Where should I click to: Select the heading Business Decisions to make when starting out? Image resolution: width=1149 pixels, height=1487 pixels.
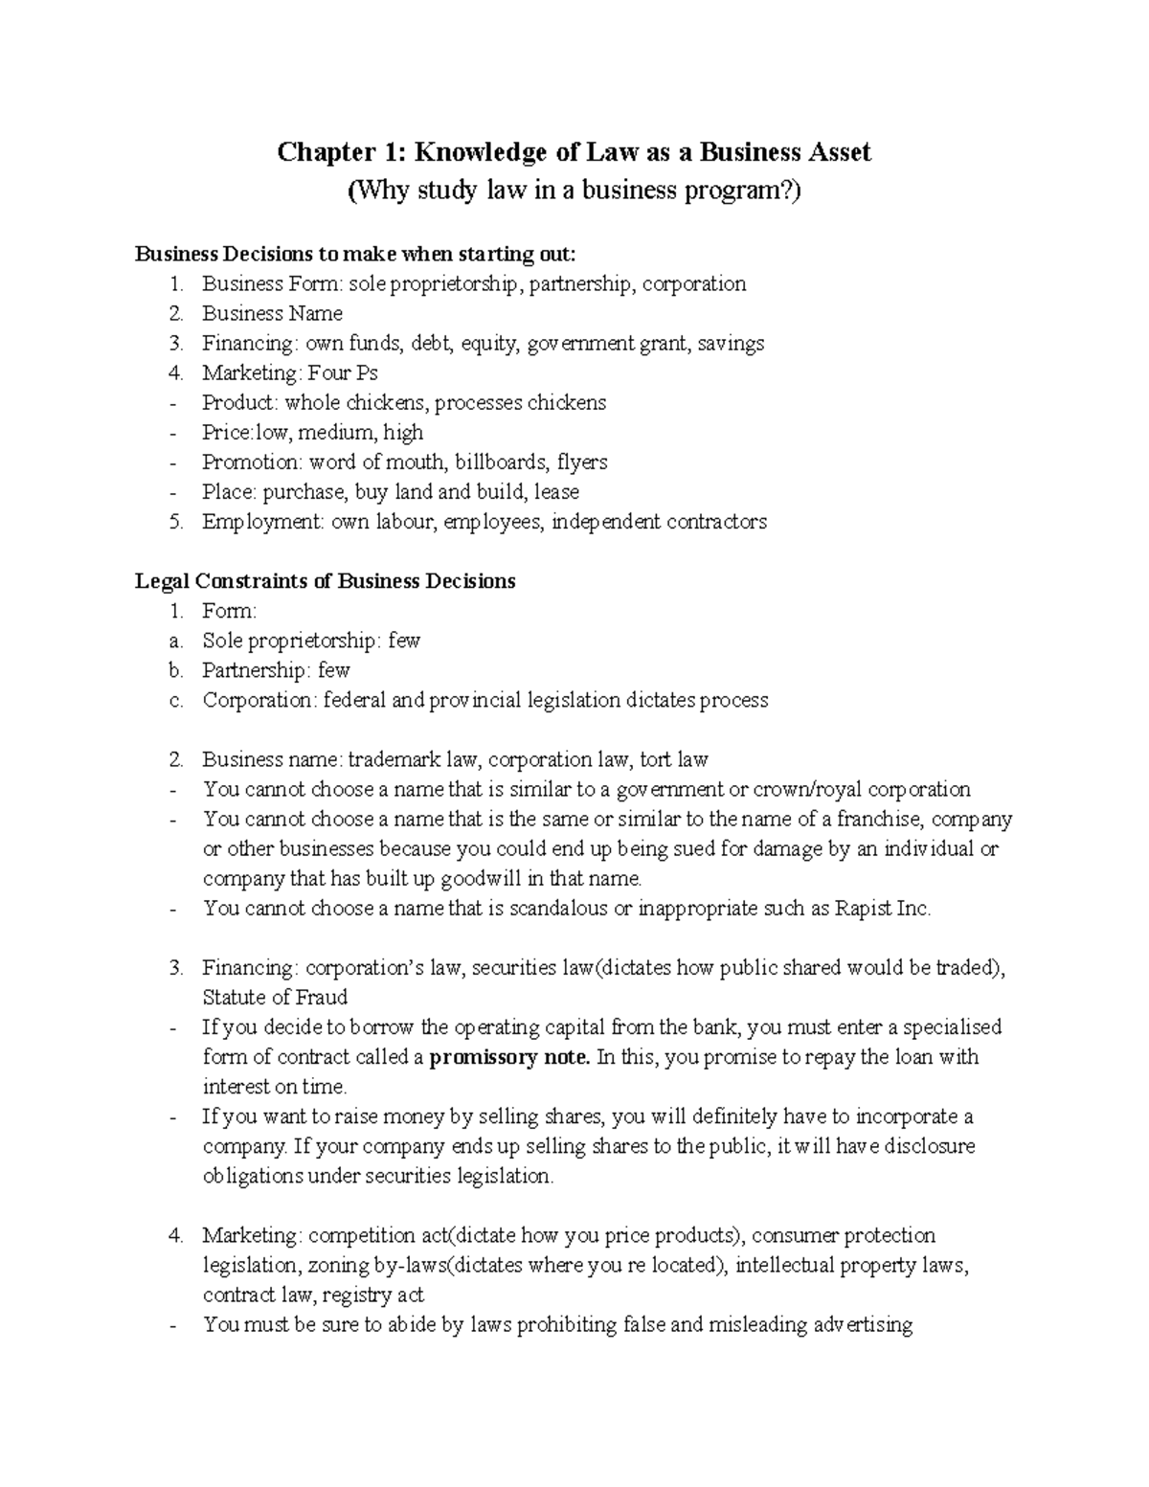356,254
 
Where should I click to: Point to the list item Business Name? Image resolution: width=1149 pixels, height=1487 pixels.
272,313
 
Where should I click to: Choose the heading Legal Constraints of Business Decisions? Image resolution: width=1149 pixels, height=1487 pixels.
326,581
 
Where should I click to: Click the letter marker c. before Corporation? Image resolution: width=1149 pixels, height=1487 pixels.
175,700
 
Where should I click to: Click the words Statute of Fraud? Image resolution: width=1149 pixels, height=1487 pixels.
275,997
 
